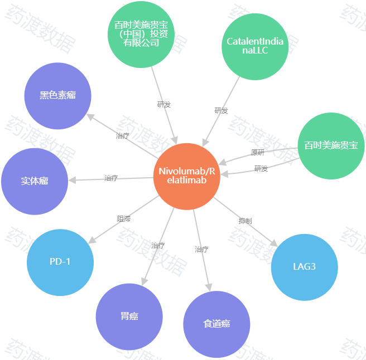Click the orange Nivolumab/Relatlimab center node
point(187,177)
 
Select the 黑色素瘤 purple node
point(58,96)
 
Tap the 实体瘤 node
point(35,182)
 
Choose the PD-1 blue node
point(60,262)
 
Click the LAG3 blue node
point(305,267)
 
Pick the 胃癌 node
point(129,317)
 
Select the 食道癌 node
point(216,324)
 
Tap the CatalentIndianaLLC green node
point(255,47)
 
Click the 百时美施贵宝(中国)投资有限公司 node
point(141,35)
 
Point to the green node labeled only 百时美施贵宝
point(331,146)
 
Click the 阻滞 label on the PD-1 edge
point(124,218)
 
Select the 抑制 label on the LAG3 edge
point(245,221)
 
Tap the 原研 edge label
point(257,153)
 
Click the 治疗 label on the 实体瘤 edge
point(111,178)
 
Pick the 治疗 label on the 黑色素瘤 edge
point(122,136)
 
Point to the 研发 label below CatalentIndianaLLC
point(221,110)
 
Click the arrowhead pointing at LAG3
point(274,244)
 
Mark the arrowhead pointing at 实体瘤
point(72,180)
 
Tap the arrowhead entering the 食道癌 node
point(209,288)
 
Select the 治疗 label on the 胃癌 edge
point(158,246)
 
